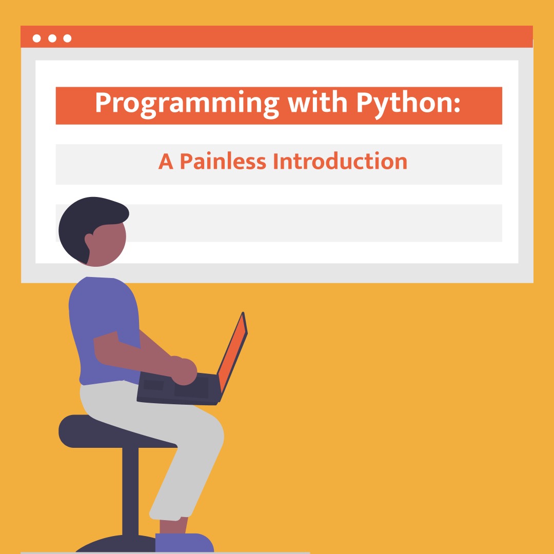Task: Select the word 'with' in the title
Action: point(318,102)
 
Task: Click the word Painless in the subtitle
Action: point(223,161)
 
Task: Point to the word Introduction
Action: point(340,161)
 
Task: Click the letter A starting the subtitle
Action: point(165,162)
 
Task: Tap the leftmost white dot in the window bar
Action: point(37,38)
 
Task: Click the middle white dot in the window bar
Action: point(52,38)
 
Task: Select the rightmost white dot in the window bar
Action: point(68,38)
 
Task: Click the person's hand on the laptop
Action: point(184,371)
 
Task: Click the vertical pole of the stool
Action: point(130,491)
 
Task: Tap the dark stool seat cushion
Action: point(116,431)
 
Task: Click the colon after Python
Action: point(457,104)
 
